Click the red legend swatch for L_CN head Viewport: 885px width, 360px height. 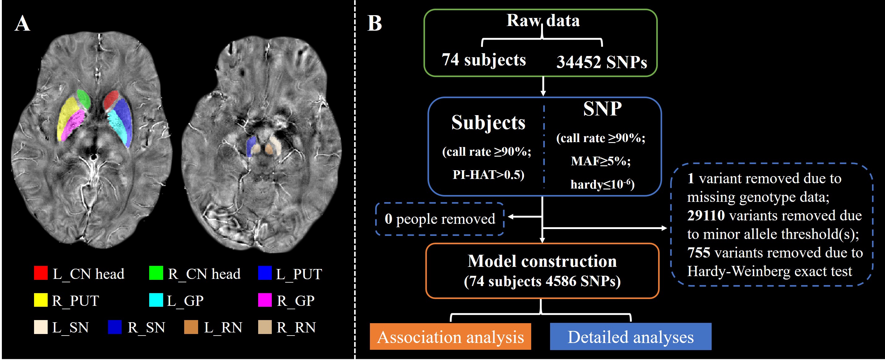coord(41,273)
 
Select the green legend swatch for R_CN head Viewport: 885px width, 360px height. coord(156,273)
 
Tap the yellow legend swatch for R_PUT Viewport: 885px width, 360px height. coord(41,300)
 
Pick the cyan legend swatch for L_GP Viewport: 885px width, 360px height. coord(156,300)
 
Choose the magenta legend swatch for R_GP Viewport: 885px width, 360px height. coord(265,300)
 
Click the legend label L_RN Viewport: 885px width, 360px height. coord(223,327)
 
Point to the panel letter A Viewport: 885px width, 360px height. coord(22,24)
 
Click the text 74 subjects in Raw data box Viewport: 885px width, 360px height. coord(484,60)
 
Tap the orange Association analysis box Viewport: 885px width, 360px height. coord(450,337)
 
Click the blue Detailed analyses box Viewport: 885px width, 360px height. coord(631,337)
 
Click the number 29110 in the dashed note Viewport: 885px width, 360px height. coord(706,216)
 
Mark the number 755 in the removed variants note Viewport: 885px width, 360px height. coord(699,253)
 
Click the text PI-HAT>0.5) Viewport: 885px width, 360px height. coord(488,175)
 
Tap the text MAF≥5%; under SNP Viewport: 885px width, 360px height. coord(601,161)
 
